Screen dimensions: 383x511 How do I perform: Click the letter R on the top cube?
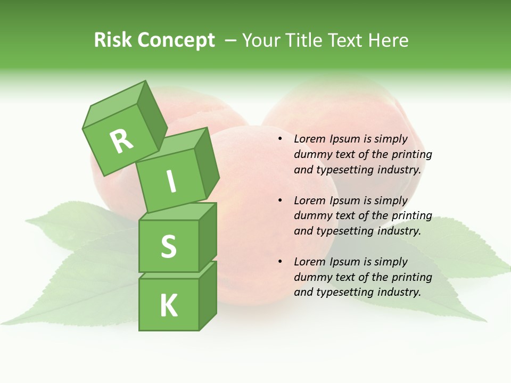tap(121, 141)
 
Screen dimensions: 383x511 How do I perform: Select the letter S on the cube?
tap(169, 246)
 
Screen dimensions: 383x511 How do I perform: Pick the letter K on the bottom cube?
tap(169, 306)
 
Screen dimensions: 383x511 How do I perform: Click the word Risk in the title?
tap(112, 40)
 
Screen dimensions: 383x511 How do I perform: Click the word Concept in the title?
tap(176, 40)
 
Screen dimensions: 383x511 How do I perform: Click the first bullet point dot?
tap(279, 139)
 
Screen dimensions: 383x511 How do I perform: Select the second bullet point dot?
tap(279, 201)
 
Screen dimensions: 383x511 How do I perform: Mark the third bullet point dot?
tap(279, 262)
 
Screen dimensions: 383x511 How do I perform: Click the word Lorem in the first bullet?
tap(309, 139)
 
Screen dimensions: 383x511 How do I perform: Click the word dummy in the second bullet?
tap(311, 216)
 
